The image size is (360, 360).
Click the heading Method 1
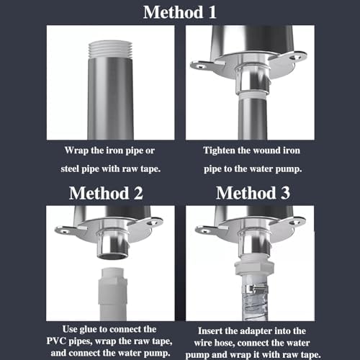[x=180, y=12]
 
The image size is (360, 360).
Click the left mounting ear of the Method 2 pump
[x=66, y=230]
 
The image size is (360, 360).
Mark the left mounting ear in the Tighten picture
[x=204, y=65]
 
